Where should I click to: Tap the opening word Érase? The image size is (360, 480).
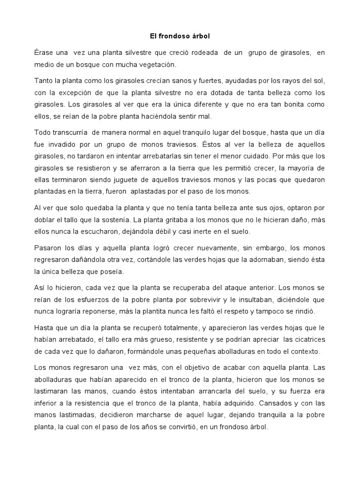tap(45, 53)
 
